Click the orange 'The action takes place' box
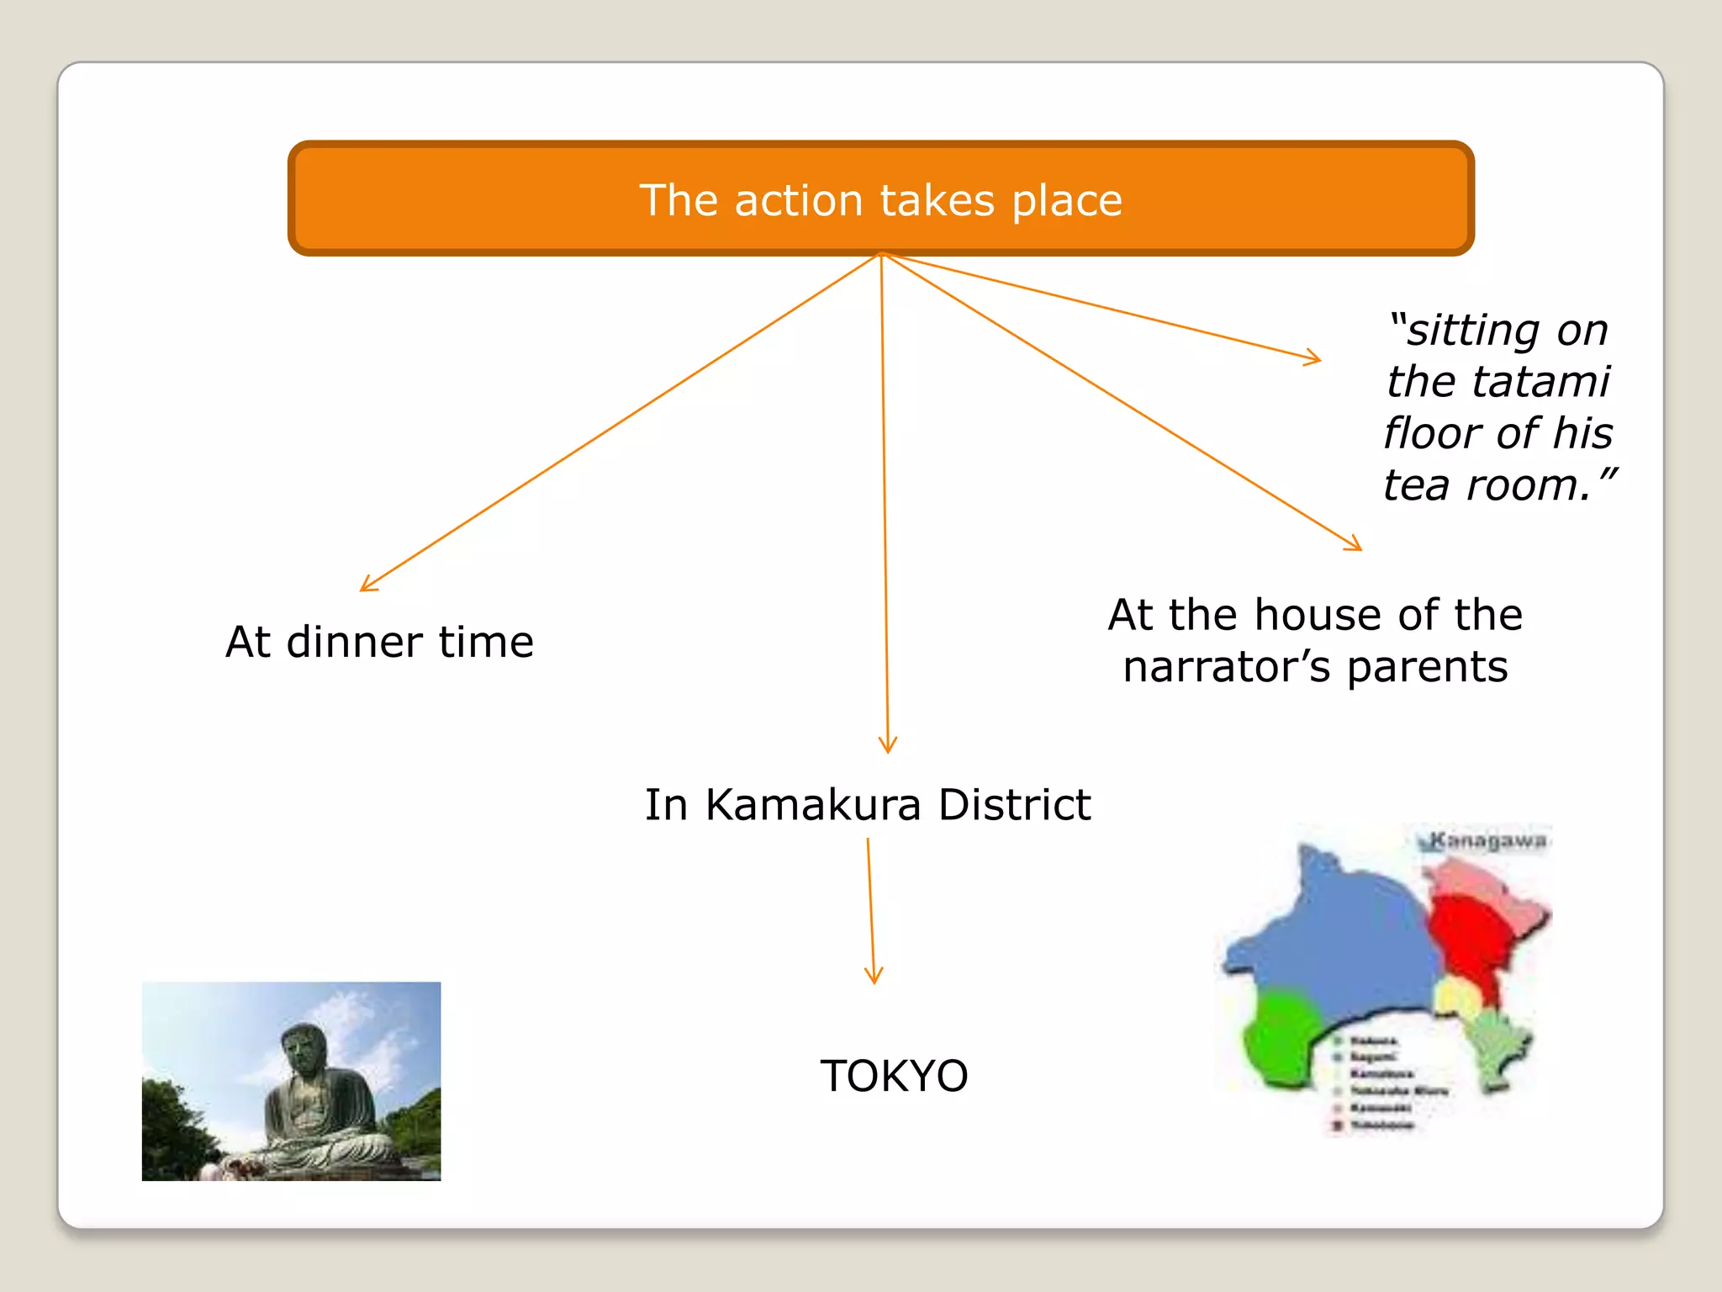(880, 199)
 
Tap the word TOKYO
(894, 1076)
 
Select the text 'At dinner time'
(379, 643)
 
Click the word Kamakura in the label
(813, 805)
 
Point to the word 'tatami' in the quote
(1498, 381)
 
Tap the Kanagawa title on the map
(1487, 840)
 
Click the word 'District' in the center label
(1014, 805)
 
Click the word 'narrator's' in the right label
(1227, 667)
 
